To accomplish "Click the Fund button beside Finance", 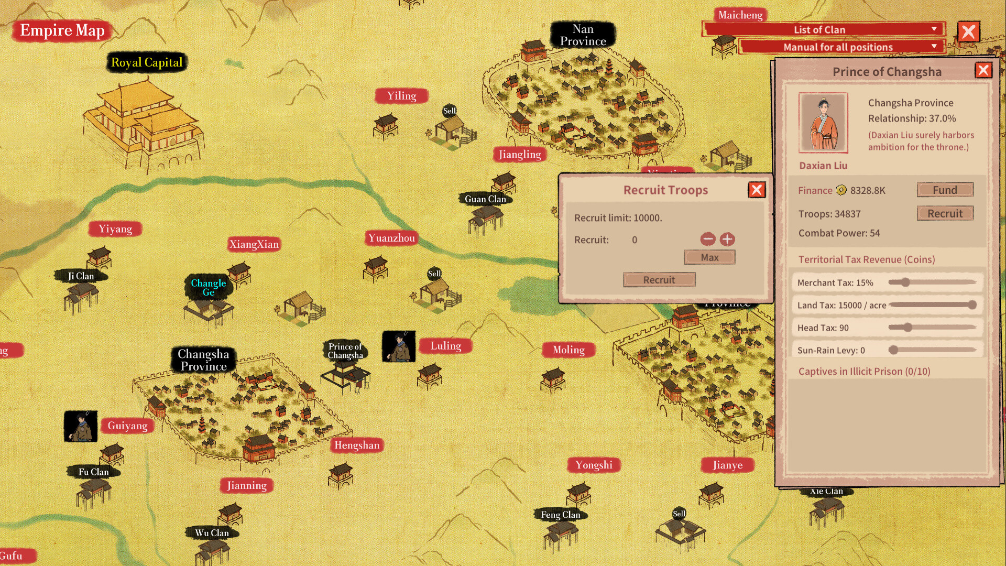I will click(945, 190).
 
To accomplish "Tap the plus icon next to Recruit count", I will click(727, 240).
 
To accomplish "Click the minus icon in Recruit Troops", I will click(707, 240).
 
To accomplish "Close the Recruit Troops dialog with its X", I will click(757, 190).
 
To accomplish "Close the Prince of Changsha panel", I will click(983, 70).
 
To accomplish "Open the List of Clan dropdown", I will click(823, 29).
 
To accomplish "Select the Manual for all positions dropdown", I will click(841, 47).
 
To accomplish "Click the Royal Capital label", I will click(147, 62).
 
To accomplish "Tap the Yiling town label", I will click(401, 96).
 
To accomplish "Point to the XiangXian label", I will click(254, 244).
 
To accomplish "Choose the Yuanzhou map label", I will click(391, 238).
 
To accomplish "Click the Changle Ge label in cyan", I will click(208, 287).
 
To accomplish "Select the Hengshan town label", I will click(357, 445).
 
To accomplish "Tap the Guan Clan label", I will click(485, 199).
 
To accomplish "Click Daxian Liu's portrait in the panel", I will click(823, 123).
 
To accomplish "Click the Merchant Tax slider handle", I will click(905, 282).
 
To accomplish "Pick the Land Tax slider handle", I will click(972, 305).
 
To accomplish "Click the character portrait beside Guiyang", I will click(80, 426).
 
